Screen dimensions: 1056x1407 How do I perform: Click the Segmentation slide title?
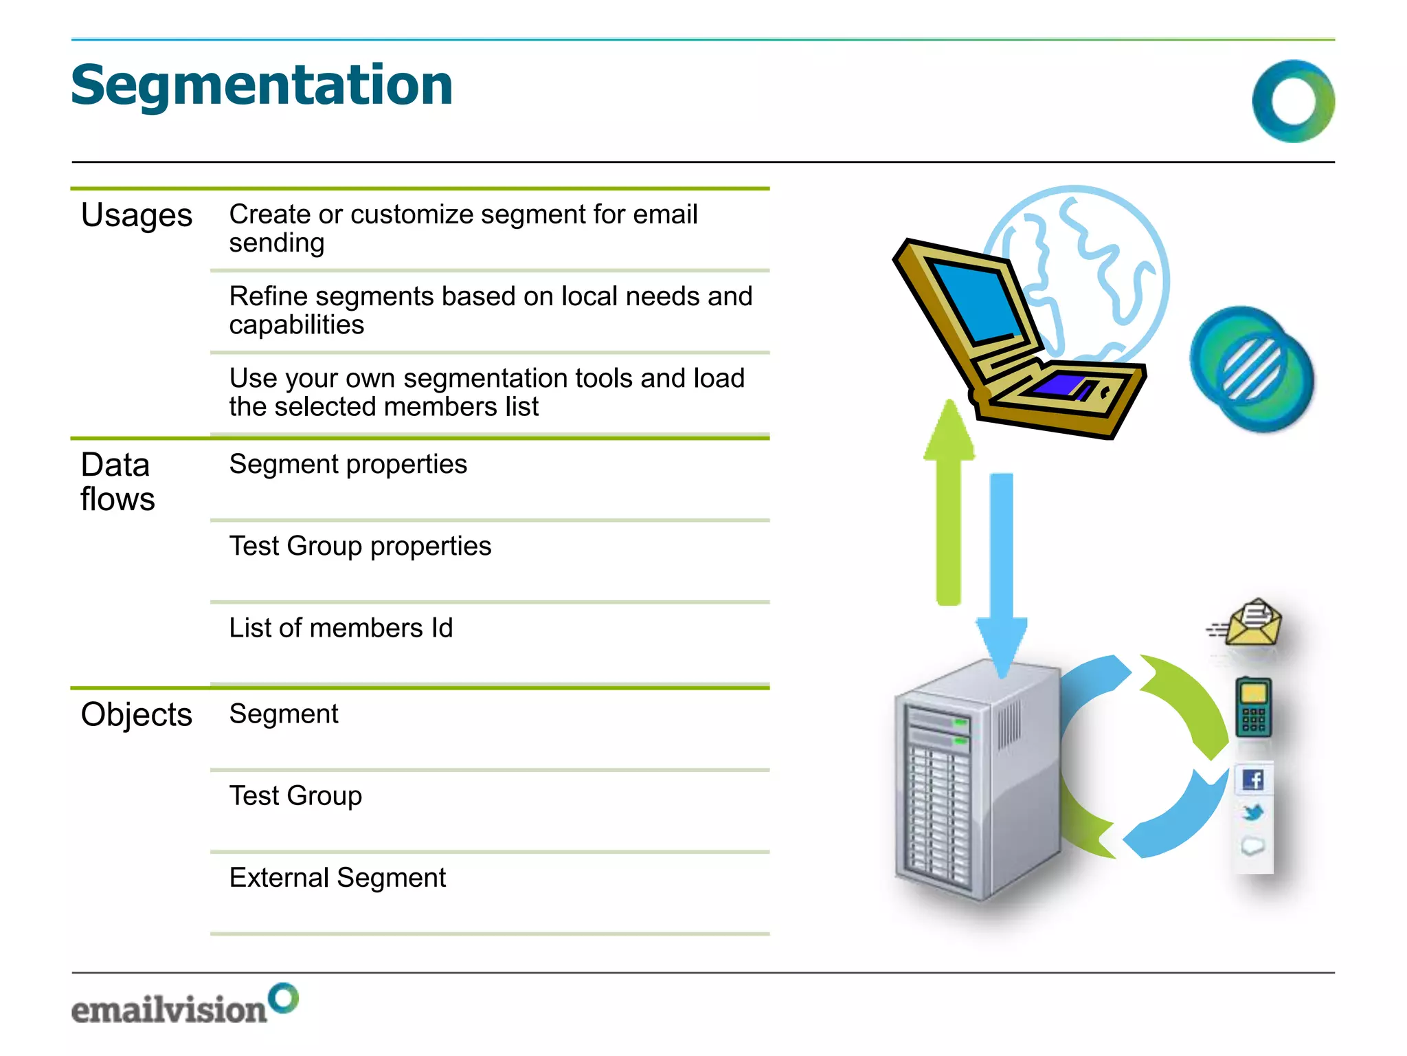(262, 85)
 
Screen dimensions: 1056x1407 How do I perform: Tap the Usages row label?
(136, 215)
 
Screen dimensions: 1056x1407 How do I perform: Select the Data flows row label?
(117, 481)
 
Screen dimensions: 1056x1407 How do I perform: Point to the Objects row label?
(136, 714)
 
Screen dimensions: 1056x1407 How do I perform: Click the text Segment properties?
(348, 464)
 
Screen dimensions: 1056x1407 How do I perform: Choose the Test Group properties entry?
(360, 546)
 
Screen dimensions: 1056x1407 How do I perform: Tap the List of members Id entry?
(341, 628)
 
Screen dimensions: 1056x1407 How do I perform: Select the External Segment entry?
(337, 877)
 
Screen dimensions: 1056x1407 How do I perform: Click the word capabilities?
(296, 325)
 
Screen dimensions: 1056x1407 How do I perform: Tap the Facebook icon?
(1253, 780)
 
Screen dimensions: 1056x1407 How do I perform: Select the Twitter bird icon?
(1253, 813)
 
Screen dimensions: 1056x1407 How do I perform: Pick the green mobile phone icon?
(1253, 707)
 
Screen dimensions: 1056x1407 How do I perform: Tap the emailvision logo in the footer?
(184, 1004)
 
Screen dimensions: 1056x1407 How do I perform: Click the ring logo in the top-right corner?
(1293, 101)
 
